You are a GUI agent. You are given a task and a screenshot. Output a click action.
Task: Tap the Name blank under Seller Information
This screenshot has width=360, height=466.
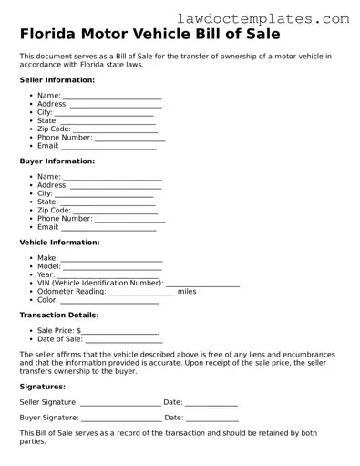click(112, 97)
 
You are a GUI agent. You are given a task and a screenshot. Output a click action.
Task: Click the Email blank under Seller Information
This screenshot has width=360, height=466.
click(108, 147)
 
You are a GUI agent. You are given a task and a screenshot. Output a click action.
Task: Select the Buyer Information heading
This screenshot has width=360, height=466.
click(57, 161)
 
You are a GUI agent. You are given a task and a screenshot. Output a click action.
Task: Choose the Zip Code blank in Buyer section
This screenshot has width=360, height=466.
click(115, 212)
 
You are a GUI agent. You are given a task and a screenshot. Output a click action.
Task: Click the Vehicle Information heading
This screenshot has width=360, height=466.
click(59, 242)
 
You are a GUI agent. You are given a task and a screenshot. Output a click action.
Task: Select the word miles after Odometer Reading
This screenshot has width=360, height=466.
click(187, 292)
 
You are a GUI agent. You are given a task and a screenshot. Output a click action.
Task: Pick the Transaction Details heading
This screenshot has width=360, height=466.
click(59, 315)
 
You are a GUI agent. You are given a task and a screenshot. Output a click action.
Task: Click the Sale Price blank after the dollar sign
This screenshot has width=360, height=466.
click(120, 332)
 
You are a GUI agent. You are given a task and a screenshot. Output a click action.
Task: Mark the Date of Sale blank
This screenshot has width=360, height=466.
click(122, 340)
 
